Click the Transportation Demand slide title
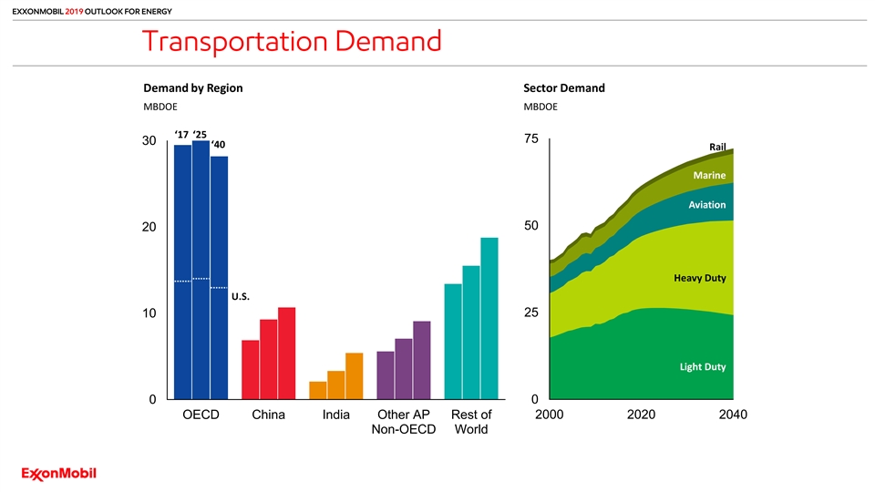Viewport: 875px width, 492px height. coord(291,42)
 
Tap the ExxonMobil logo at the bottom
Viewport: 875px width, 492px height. coord(59,474)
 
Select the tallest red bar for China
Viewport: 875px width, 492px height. coord(286,353)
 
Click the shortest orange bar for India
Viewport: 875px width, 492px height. coord(318,390)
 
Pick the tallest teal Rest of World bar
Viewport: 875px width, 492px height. coord(489,318)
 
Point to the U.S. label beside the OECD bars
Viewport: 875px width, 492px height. coord(241,296)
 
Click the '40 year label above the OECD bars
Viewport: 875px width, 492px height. coord(219,145)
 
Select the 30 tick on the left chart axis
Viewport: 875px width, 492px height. coord(149,141)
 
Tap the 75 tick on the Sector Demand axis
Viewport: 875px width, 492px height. coord(531,138)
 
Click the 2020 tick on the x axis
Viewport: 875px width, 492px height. coord(642,415)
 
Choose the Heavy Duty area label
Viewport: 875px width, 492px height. coord(700,277)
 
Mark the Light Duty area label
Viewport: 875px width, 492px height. coord(702,366)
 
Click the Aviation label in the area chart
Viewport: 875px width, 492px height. coord(707,205)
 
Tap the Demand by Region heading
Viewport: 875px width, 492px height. coord(193,88)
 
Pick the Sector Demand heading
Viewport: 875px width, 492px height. coord(564,88)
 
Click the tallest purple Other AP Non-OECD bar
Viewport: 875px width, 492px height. coord(421,360)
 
